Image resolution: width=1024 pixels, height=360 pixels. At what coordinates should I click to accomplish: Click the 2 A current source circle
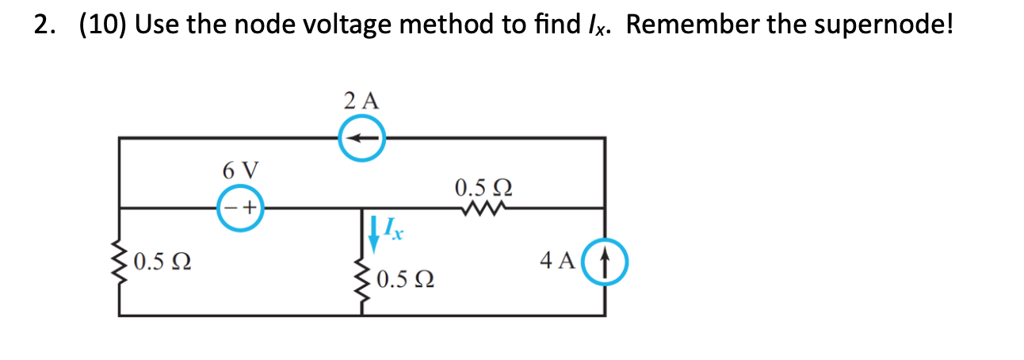(x=362, y=138)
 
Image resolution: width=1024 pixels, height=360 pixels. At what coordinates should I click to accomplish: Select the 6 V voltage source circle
(x=240, y=208)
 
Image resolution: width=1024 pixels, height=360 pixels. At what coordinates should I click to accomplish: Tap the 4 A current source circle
(x=606, y=259)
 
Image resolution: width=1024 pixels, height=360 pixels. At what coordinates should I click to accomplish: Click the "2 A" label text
(x=362, y=101)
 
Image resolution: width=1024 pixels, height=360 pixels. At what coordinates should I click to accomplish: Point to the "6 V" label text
(x=240, y=170)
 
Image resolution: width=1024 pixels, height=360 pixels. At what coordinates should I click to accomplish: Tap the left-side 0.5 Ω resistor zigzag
(x=120, y=259)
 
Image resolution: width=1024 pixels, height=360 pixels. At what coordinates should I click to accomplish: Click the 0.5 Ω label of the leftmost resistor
(x=162, y=260)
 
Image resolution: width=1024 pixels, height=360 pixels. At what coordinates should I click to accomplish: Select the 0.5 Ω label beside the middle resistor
(x=405, y=280)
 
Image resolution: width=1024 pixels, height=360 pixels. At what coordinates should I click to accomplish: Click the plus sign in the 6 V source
(x=249, y=209)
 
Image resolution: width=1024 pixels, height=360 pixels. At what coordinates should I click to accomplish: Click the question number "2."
(x=44, y=26)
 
